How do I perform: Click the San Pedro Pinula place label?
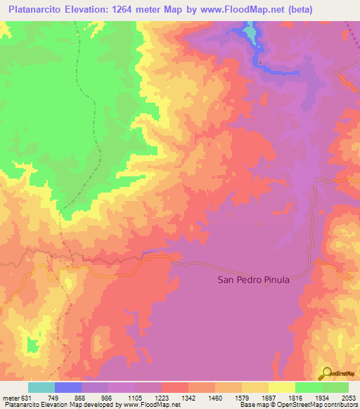pyautogui.click(x=253, y=280)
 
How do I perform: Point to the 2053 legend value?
pyautogui.click(x=347, y=398)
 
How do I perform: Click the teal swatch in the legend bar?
pyautogui.click(x=41, y=387)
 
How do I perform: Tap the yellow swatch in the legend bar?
pyautogui.click(x=281, y=387)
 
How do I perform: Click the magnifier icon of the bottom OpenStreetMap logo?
pyautogui.click(x=324, y=373)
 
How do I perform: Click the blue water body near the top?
pyautogui.click(x=250, y=33)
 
